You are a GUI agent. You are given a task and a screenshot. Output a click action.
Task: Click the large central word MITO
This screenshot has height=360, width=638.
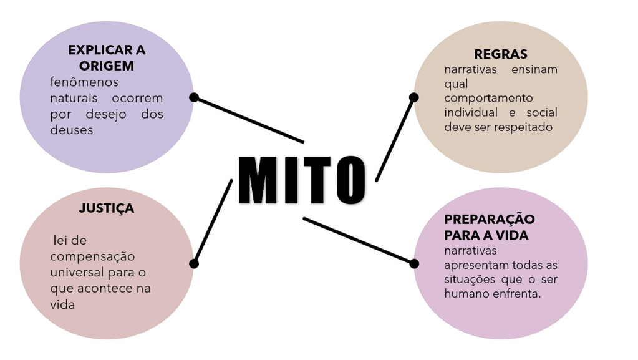[x=302, y=179]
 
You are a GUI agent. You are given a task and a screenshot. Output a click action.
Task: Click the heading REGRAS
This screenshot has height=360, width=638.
[x=500, y=54]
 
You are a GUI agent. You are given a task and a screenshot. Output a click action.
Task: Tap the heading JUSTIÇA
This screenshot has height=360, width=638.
[x=106, y=208]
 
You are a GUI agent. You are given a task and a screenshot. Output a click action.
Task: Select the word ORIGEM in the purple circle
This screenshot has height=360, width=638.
[x=107, y=66]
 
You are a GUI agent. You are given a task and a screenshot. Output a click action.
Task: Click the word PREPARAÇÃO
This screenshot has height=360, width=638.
[x=490, y=220]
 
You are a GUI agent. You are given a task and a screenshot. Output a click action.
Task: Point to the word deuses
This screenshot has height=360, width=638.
[x=71, y=130]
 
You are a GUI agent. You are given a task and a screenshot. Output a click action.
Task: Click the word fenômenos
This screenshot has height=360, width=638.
[x=84, y=82]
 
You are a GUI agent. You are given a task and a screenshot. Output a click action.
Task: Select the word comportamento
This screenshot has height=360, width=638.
[x=488, y=98]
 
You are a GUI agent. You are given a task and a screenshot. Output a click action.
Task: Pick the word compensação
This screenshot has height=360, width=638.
[x=92, y=256]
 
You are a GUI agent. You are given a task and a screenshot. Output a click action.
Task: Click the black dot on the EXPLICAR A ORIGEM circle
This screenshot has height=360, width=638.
[x=194, y=97]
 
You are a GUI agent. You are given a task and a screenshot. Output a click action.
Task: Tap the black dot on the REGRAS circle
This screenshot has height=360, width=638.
[x=413, y=97]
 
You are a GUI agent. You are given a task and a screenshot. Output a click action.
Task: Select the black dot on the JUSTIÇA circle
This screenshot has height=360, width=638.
[x=194, y=263]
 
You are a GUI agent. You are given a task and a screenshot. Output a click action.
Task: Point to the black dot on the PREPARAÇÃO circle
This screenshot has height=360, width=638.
[x=414, y=263]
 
